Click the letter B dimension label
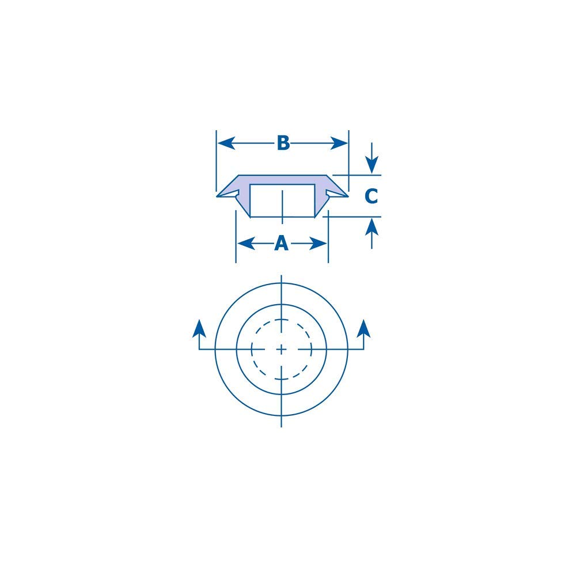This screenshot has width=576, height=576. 282,143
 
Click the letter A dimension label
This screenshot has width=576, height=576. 281,244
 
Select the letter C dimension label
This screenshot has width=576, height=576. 372,196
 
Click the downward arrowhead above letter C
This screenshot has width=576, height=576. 372,164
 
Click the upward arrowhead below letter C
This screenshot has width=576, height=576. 372,227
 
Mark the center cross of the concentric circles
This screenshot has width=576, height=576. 281,349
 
